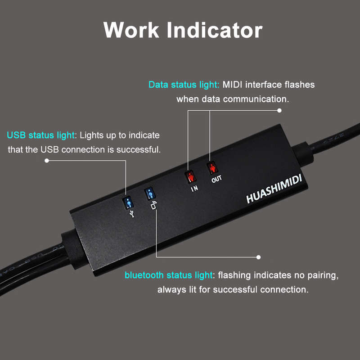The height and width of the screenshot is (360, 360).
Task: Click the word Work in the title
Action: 131,30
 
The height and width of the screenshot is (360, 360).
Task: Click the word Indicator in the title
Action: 215,30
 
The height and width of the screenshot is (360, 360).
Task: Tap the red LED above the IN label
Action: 190,177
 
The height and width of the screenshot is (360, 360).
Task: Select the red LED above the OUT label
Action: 212,168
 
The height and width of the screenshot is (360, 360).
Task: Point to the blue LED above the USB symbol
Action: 128,203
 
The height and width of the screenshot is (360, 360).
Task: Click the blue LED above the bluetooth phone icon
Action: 150,194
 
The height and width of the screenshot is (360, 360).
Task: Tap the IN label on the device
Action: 194,189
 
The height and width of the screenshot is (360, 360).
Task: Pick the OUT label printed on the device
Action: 216,179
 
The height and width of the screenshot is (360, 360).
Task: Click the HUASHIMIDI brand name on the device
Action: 274,189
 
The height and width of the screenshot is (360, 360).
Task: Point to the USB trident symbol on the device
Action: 132,213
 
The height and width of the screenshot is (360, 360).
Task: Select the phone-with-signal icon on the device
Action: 154,205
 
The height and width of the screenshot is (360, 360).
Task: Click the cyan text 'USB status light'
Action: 40,135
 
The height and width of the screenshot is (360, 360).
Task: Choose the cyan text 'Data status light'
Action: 184,85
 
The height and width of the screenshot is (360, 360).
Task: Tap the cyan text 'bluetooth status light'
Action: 168,275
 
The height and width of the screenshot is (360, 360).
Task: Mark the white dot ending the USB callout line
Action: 47,161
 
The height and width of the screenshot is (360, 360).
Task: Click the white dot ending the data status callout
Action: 279,110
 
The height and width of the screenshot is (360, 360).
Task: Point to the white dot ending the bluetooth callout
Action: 258,257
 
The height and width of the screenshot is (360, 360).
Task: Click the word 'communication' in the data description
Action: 256,99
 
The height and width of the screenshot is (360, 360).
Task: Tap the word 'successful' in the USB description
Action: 139,150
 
